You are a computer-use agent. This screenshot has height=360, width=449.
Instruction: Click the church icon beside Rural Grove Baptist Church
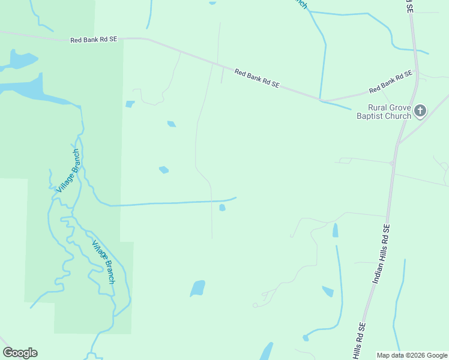[420, 110]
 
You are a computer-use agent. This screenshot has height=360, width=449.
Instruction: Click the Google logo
[20, 353]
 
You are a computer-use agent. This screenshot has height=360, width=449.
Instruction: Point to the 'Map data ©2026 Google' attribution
[412, 355]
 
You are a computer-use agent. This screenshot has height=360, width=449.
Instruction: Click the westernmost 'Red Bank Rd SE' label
[93, 40]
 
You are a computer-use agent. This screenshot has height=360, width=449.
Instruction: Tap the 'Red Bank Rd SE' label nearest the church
[391, 82]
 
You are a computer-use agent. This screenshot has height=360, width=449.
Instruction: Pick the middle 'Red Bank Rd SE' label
[257, 79]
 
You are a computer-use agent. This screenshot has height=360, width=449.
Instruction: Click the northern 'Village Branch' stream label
[68, 170]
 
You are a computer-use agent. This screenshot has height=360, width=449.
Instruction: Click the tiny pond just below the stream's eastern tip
[222, 208]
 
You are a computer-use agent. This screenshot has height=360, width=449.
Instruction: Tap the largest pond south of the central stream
[197, 289]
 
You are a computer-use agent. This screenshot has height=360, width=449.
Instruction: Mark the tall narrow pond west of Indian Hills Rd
[335, 230]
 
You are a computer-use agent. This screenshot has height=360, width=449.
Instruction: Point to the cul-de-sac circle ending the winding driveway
[255, 305]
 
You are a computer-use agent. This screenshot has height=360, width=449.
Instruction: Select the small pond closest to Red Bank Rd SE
[130, 104]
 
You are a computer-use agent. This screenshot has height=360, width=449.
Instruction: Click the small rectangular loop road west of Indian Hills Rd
[345, 161]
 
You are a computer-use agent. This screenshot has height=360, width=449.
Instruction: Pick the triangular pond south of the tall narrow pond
[328, 292]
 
